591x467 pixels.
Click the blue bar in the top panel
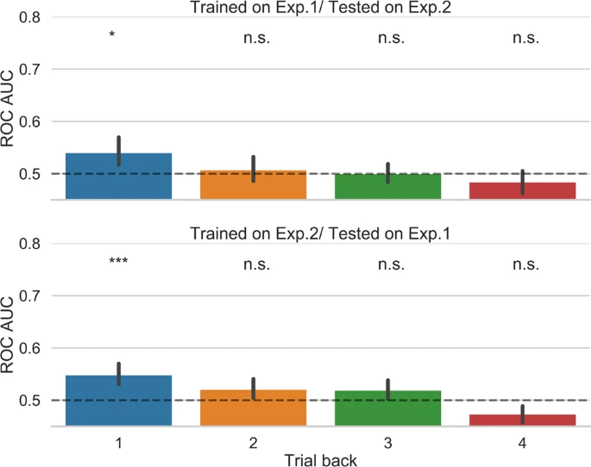(x=119, y=177)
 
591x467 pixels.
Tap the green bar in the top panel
(x=388, y=187)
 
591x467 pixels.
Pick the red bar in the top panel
(x=523, y=190)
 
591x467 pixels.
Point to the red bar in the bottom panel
(x=523, y=420)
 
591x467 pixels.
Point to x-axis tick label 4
(x=523, y=440)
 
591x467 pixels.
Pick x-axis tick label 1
(x=119, y=440)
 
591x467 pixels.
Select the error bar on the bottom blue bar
(x=119, y=373)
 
